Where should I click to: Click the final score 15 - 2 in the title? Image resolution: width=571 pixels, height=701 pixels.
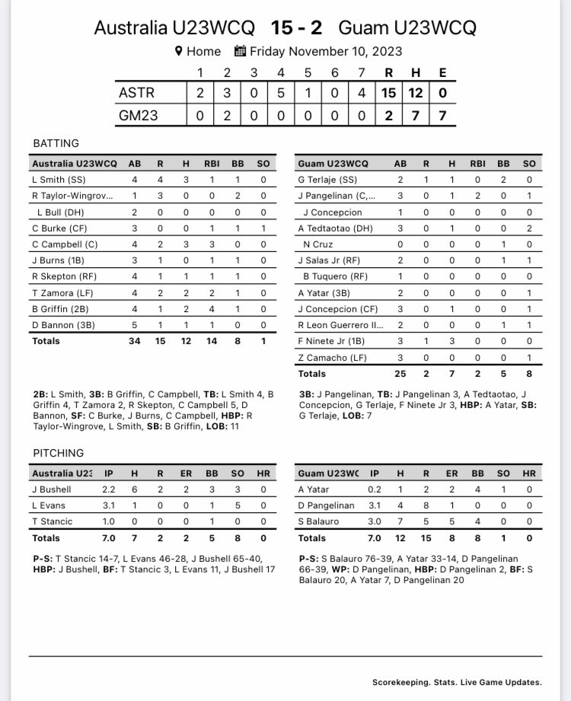click(296, 28)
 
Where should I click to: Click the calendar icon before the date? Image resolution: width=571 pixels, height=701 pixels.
click(240, 52)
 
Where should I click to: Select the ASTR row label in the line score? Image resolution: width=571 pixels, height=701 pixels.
click(137, 93)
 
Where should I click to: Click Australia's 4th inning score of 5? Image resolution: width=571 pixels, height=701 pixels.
click(281, 93)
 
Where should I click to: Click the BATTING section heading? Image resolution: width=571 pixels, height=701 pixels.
click(56, 143)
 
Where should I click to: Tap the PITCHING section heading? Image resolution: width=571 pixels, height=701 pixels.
click(59, 453)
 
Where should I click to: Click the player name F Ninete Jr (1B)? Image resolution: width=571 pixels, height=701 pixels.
click(330, 341)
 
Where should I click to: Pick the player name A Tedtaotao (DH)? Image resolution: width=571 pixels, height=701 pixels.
click(336, 228)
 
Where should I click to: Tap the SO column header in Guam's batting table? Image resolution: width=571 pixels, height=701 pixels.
click(528, 164)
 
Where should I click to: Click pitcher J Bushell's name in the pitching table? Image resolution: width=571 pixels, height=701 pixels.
click(52, 489)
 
